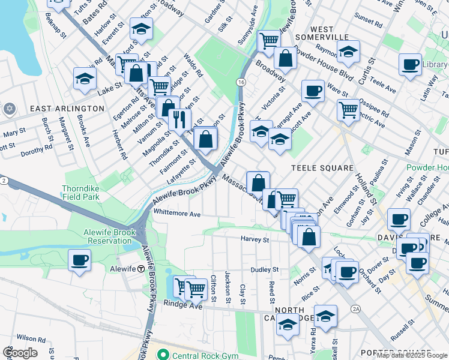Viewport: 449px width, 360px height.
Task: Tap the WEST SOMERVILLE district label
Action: [x=330, y=34]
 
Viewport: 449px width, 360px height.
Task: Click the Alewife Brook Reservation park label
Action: [x=101, y=236]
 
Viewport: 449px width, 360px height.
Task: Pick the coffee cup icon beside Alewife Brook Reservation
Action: [x=79, y=261]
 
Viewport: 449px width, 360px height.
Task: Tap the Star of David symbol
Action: [x=8, y=109]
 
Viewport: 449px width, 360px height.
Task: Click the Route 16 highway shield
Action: [x=240, y=82]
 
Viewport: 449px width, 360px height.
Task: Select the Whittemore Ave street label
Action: [x=177, y=214]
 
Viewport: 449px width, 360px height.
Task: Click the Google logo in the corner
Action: [x=19, y=353]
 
